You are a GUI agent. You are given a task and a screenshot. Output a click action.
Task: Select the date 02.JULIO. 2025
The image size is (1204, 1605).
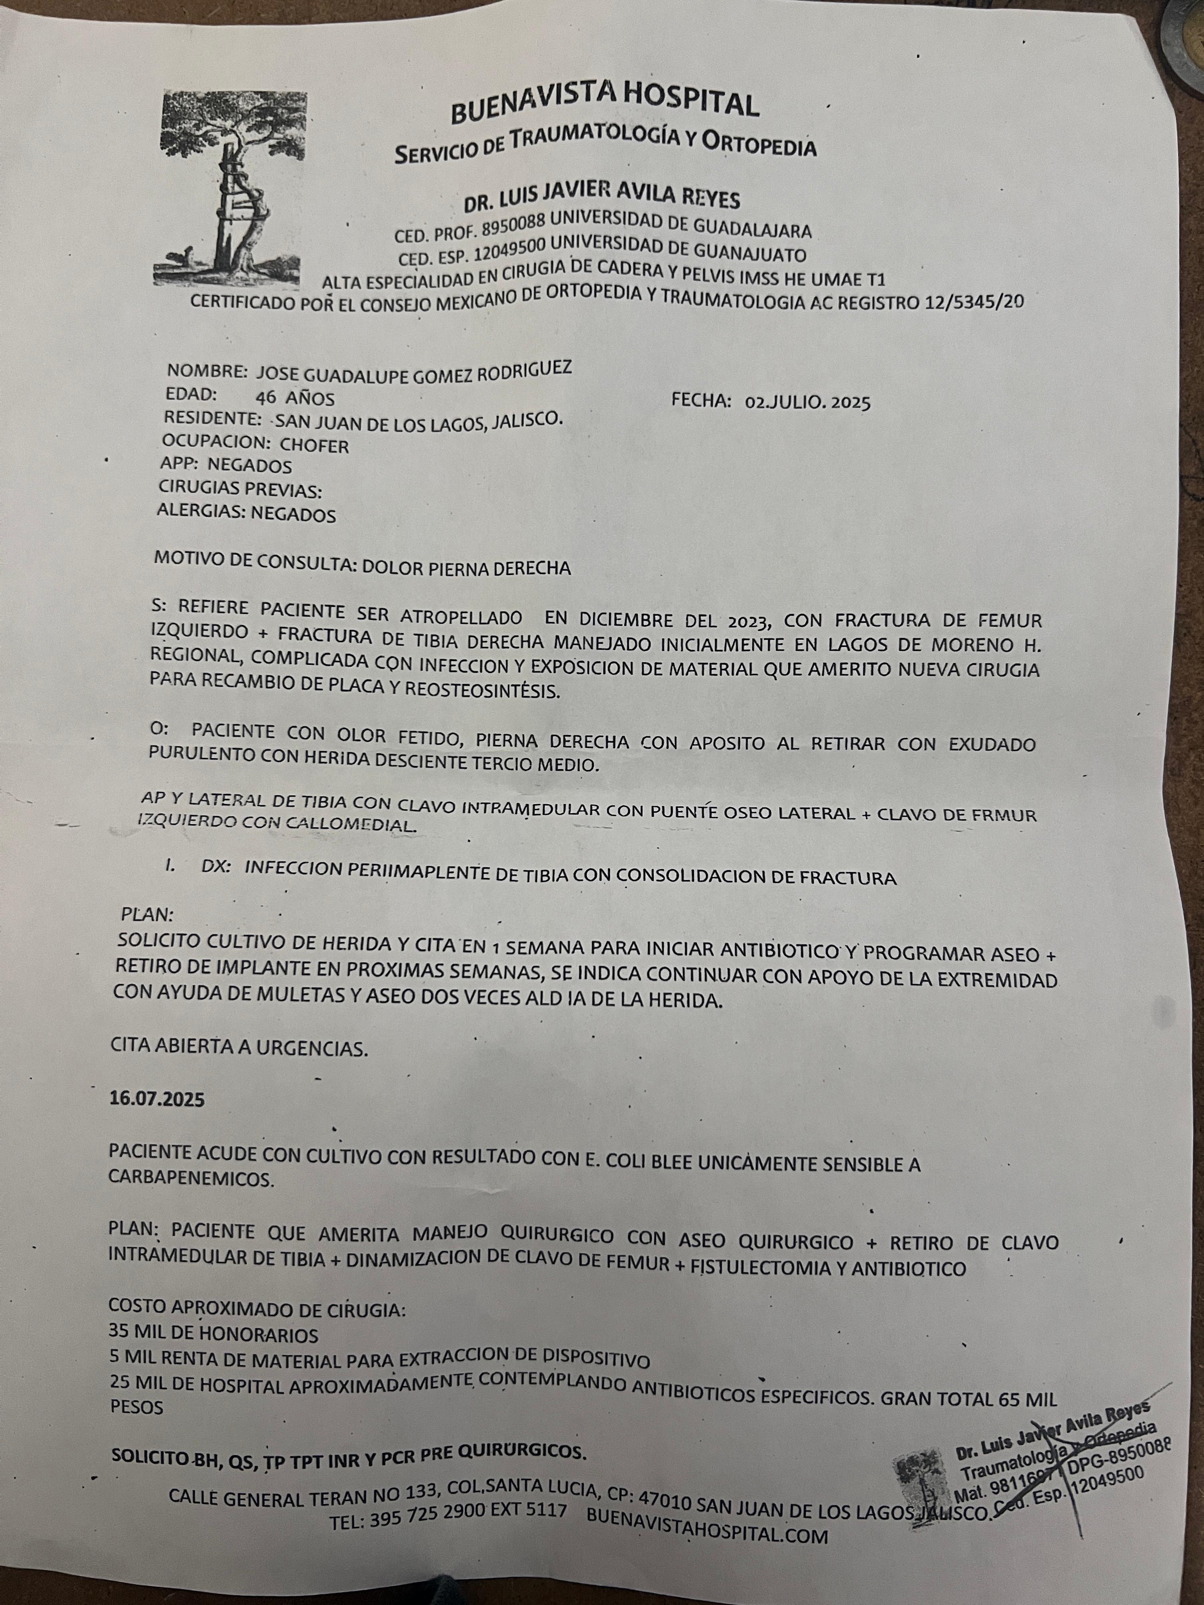point(807,403)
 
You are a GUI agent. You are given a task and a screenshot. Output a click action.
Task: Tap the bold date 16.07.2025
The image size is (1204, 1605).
point(157,1098)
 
